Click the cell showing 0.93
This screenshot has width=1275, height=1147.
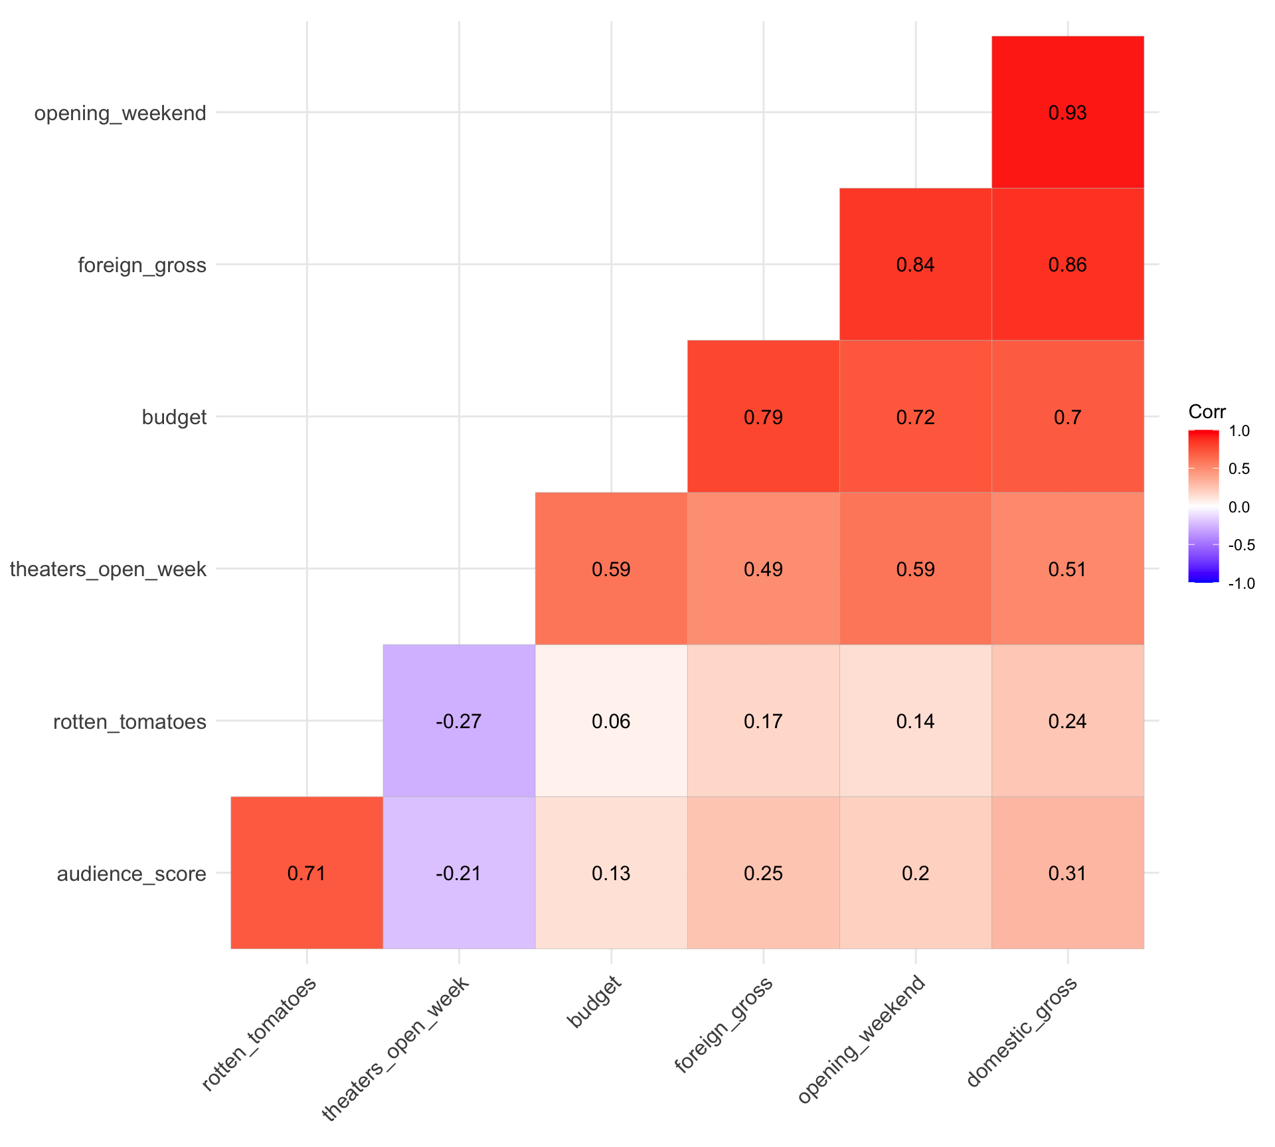point(1067,113)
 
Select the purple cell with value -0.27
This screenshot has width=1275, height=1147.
point(459,722)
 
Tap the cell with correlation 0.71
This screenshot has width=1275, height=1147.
point(307,874)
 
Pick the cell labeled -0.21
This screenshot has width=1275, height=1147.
point(459,874)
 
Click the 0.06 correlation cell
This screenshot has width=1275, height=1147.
point(611,722)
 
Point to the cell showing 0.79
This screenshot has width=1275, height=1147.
point(763,418)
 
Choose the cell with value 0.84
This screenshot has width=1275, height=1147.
point(915,266)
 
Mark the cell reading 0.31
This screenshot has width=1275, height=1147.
point(1067,874)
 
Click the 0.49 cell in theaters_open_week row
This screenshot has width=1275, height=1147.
point(763,570)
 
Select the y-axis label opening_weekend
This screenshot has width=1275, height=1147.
point(120,114)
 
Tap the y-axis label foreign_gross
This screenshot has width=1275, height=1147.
point(142,266)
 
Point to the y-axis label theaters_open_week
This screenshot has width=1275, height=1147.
point(108,570)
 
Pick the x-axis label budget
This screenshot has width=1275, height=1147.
point(595,1002)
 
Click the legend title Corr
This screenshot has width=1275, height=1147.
point(1207,412)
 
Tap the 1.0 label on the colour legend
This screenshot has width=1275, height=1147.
point(1239,431)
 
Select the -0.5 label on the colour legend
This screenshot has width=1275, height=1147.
point(1240,546)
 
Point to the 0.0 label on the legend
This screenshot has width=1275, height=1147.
point(1239,508)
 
